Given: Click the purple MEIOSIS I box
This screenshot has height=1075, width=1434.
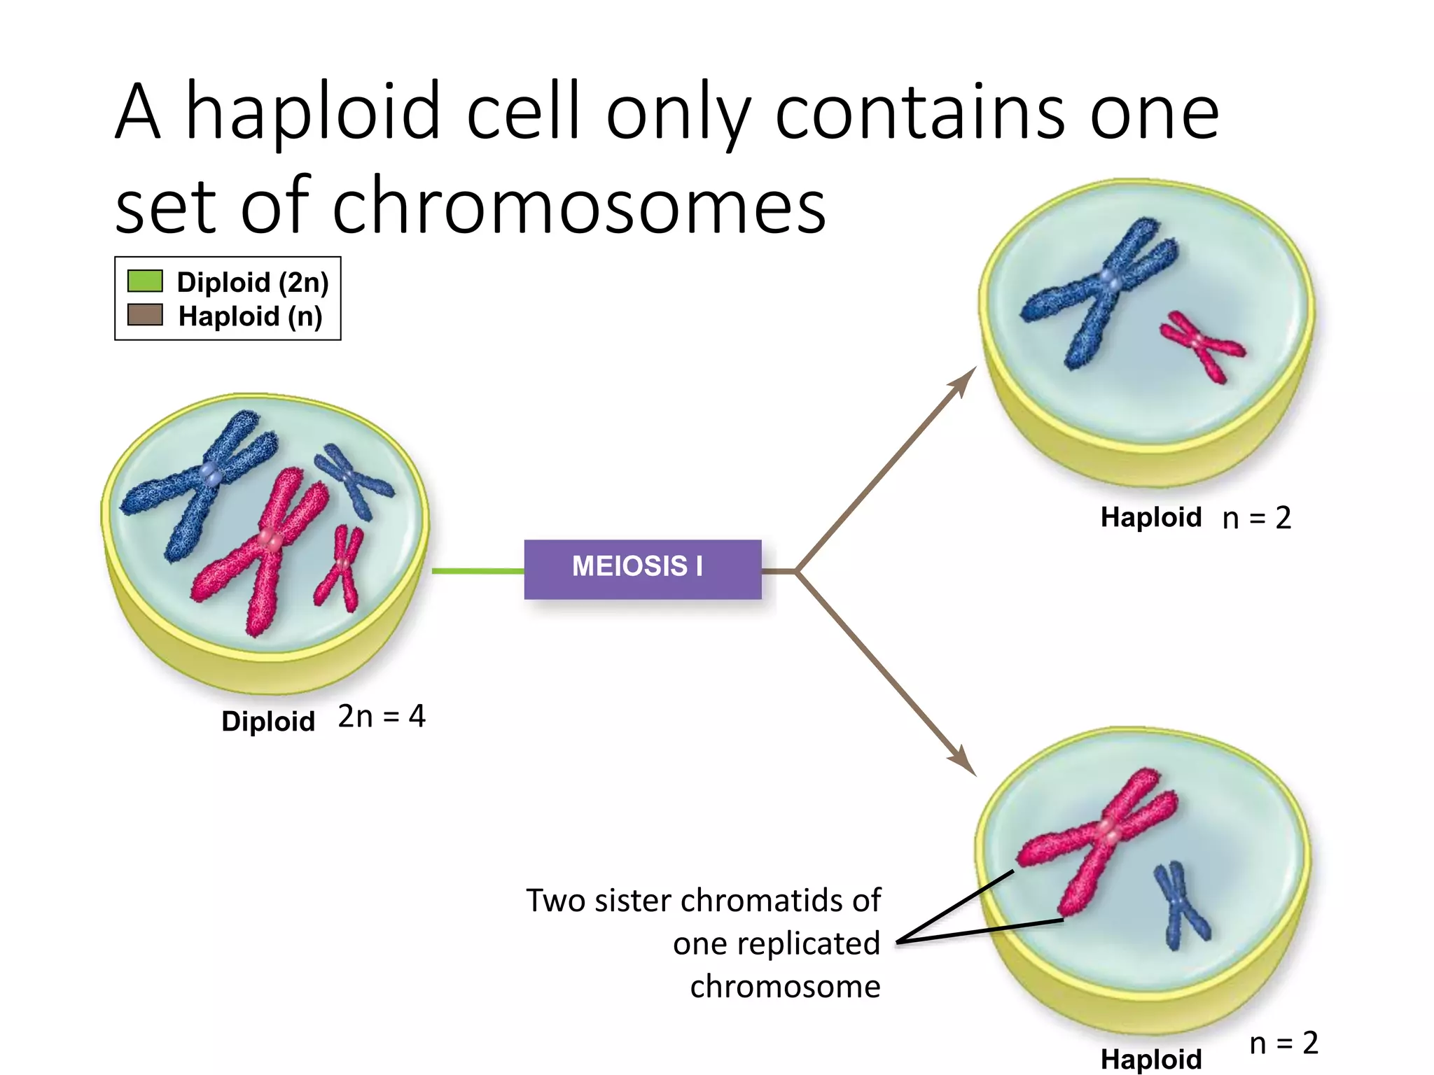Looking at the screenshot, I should (x=642, y=569).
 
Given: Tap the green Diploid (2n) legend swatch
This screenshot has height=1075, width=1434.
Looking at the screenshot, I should (x=145, y=281).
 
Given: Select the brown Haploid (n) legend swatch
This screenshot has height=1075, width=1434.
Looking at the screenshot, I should (x=145, y=315).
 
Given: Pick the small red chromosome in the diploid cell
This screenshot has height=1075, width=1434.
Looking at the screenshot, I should (x=341, y=567).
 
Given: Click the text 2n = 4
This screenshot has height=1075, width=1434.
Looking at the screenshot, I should (x=382, y=717).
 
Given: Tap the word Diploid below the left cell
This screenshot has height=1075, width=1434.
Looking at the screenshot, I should (x=268, y=722).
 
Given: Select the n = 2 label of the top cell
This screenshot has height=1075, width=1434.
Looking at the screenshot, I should (x=1256, y=518).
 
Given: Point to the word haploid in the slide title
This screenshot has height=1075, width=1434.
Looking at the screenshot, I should (x=313, y=112).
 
